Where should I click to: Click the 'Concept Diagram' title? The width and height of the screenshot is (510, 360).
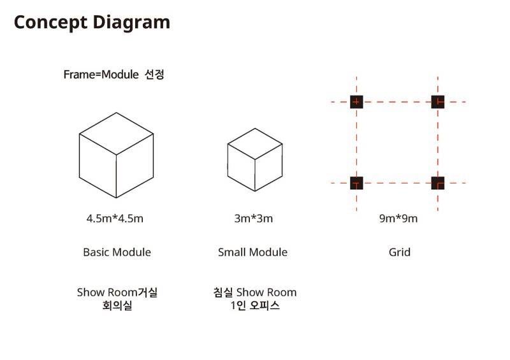pyautogui.click(x=92, y=23)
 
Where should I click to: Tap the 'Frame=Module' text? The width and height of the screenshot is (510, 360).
pyautogui.click(x=101, y=75)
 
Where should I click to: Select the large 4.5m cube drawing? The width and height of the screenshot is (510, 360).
pyautogui.click(x=117, y=155)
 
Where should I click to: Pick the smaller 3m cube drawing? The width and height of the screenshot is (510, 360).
pyautogui.click(x=255, y=160)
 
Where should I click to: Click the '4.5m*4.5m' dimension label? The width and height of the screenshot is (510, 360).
pyautogui.click(x=115, y=218)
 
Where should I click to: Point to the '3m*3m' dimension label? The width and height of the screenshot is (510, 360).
pyautogui.click(x=254, y=218)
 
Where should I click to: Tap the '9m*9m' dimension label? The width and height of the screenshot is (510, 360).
pyautogui.click(x=398, y=218)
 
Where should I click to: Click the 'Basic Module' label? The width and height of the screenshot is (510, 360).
pyautogui.click(x=117, y=252)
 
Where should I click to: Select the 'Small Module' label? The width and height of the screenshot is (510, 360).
pyautogui.click(x=252, y=252)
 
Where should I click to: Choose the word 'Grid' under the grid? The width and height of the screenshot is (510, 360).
pyautogui.click(x=400, y=252)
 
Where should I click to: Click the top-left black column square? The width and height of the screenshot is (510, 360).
pyautogui.click(x=356, y=102)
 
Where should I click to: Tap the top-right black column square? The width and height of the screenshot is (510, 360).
pyautogui.click(x=438, y=102)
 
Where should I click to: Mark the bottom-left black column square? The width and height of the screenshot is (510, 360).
pyautogui.click(x=356, y=183)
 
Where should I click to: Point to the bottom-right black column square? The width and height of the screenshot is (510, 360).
pyautogui.click(x=438, y=183)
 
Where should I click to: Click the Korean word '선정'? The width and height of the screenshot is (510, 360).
pyautogui.click(x=154, y=75)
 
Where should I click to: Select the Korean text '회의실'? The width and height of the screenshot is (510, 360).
pyautogui.click(x=117, y=305)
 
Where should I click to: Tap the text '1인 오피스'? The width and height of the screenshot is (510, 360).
pyautogui.click(x=255, y=305)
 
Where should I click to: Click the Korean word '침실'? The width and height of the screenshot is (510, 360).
pyautogui.click(x=223, y=292)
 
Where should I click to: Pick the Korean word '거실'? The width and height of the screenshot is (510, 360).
pyautogui.click(x=148, y=292)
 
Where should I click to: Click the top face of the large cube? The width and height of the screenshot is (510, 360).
pyautogui.click(x=117, y=134)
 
